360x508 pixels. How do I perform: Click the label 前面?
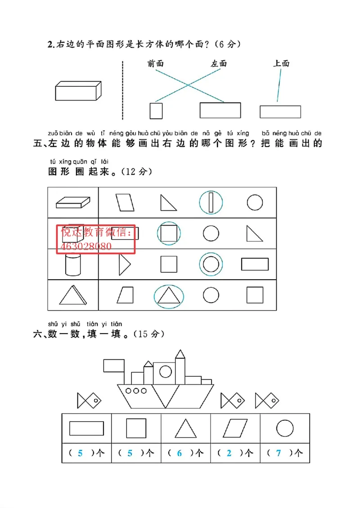(155, 64)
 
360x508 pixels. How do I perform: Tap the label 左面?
(219, 64)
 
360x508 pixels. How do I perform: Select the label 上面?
(281, 64)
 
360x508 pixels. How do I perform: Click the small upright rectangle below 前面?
(156, 111)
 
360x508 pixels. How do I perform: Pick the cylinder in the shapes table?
(72, 264)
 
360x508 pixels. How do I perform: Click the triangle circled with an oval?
(169, 295)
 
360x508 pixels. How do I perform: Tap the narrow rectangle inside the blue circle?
(210, 202)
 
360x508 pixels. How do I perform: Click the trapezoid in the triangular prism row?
(125, 295)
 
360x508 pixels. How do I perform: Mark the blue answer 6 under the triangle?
(179, 453)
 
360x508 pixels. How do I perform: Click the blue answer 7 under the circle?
(278, 453)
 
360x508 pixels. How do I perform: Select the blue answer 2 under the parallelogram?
(229, 453)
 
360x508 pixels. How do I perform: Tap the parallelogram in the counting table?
(235, 428)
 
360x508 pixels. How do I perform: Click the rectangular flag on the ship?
(114, 365)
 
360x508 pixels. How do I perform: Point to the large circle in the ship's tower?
(166, 372)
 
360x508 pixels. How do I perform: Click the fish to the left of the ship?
(88, 400)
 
